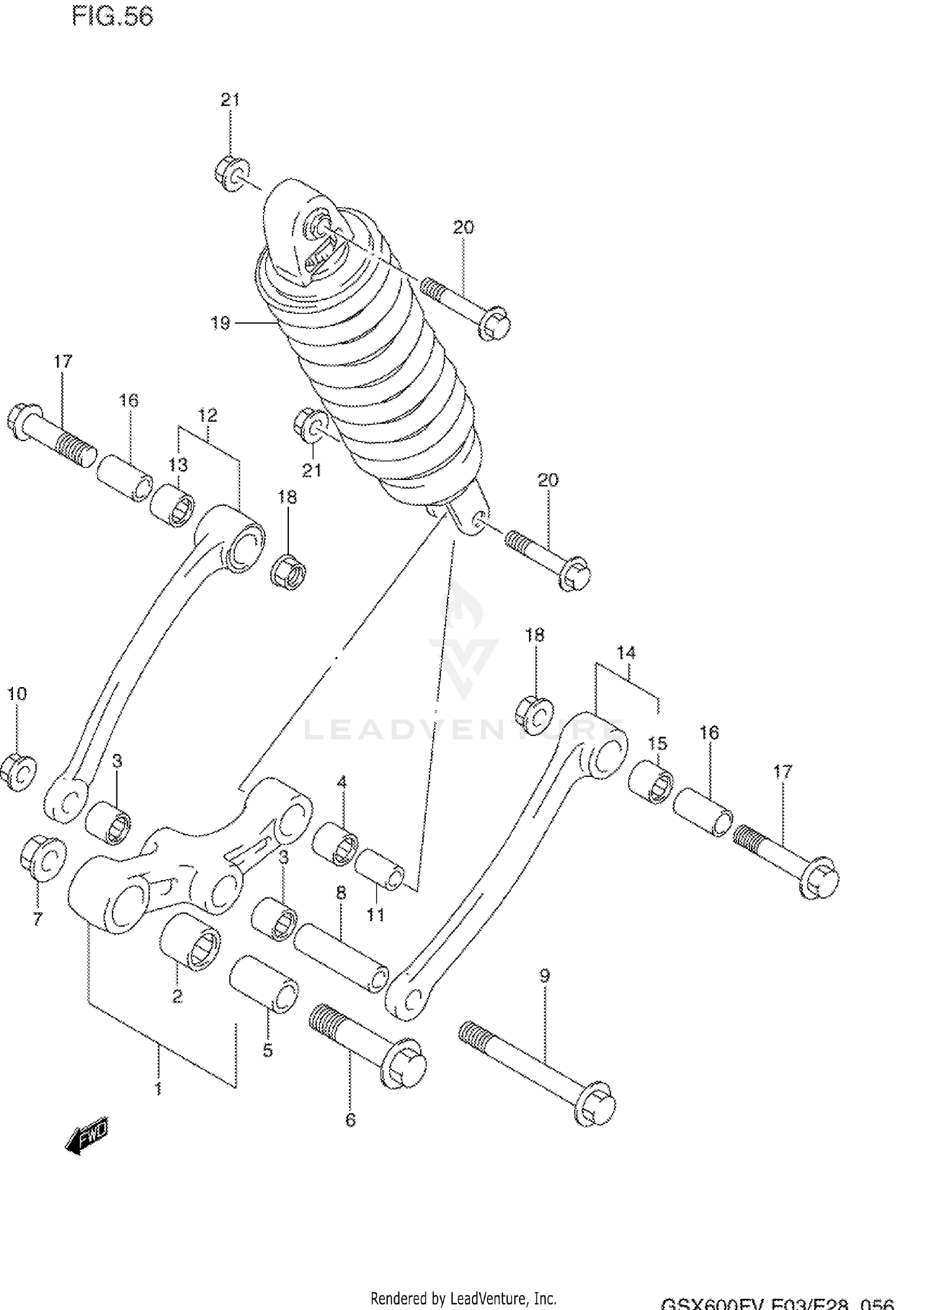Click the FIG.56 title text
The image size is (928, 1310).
pos(113,17)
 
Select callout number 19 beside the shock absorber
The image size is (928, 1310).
pos(220,323)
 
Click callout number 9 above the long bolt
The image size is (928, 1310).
pos(544,976)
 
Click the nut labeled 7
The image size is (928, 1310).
pos(43,857)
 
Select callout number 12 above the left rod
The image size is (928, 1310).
pos(208,415)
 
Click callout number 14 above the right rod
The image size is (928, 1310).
pos(626,653)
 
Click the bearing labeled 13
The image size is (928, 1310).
pos(173,506)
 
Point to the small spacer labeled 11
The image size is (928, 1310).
pos(379,870)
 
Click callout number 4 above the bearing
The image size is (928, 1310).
pos(342,782)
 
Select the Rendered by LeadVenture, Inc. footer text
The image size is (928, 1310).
pos(463,1298)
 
